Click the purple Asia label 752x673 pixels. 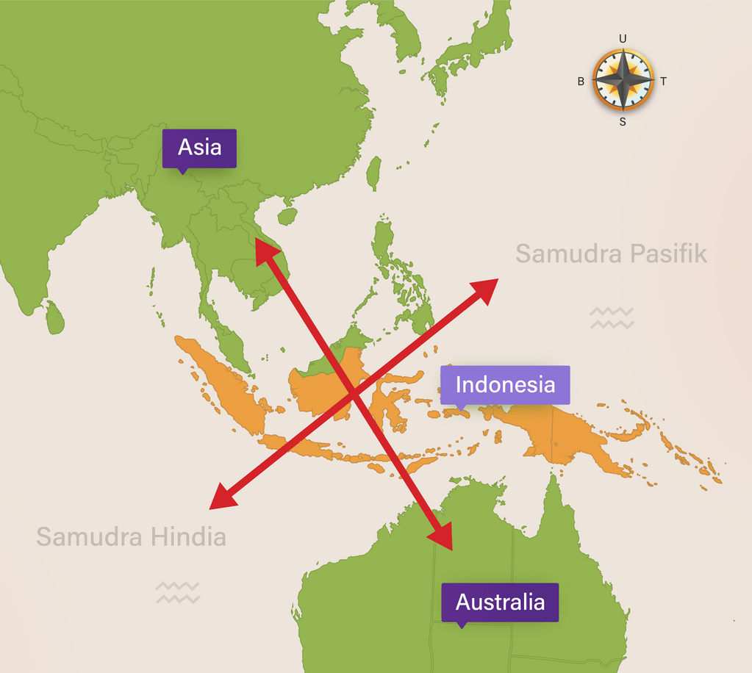pyautogui.click(x=199, y=148)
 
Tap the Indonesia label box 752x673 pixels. pyautogui.click(x=505, y=384)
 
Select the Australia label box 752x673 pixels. pyautogui.click(x=500, y=602)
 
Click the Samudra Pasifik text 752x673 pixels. pyautogui.click(x=611, y=254)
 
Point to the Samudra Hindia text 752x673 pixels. pyautogui.click(x=131, y=537)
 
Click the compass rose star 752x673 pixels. pyautogui.click(x=623, y=80)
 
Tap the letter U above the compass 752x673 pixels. pyautogui.click(x=623, y=39)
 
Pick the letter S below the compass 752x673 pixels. pyautogui.click(x=623, y=122)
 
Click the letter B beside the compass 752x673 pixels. pyautogui.click(x=581, y=82)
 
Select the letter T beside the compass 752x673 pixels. pyautogui.click(x=663, y=82)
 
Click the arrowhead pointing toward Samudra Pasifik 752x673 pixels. pyautogui.click(x=487, y=287)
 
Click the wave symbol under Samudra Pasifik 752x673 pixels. pyautogui.click(x=611, y=318)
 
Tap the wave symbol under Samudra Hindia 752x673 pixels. pyautogui.click(x=178, y=592)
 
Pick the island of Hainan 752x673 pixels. pyautogui.click(x=287, y=216)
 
